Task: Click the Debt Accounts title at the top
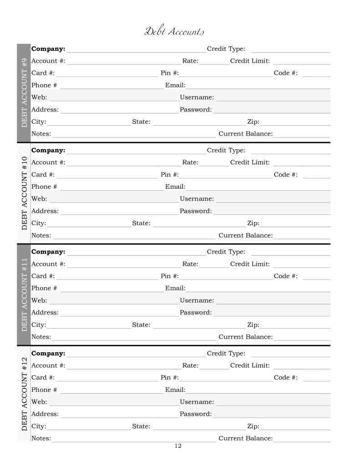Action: click(x=174, y=31)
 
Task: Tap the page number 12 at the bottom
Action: click(x=178, y=446)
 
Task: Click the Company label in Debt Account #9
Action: click(x=48, y=49)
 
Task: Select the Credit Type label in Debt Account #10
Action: click(x=226, y=150)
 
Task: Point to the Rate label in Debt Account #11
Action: click(x=190, y=264)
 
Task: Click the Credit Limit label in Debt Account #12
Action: click(x=250, y=365)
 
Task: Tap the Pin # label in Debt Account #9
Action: click(x=170, y=73)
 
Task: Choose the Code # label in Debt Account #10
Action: click(x=285, y=174)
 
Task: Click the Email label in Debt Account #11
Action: click(x=175, y=288)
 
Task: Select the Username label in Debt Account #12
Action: click(x=197, y=402)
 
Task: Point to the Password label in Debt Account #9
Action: click(x=196, y=109)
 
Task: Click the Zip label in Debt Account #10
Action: click(x=253, y=223)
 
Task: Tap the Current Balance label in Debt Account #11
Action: click(x=245, y=337)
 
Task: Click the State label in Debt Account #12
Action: click(x=141, y=426)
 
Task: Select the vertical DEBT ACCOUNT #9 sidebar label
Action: click(x=24, y=92)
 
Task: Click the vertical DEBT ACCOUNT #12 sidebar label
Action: click(x=24, y=394)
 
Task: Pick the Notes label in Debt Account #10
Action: click(x=41, y=235)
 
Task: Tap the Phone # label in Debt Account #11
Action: click(x=44, y=288)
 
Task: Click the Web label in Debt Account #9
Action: click(x=39, y=97)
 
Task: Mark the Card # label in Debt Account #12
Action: click(x=43, y=378)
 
